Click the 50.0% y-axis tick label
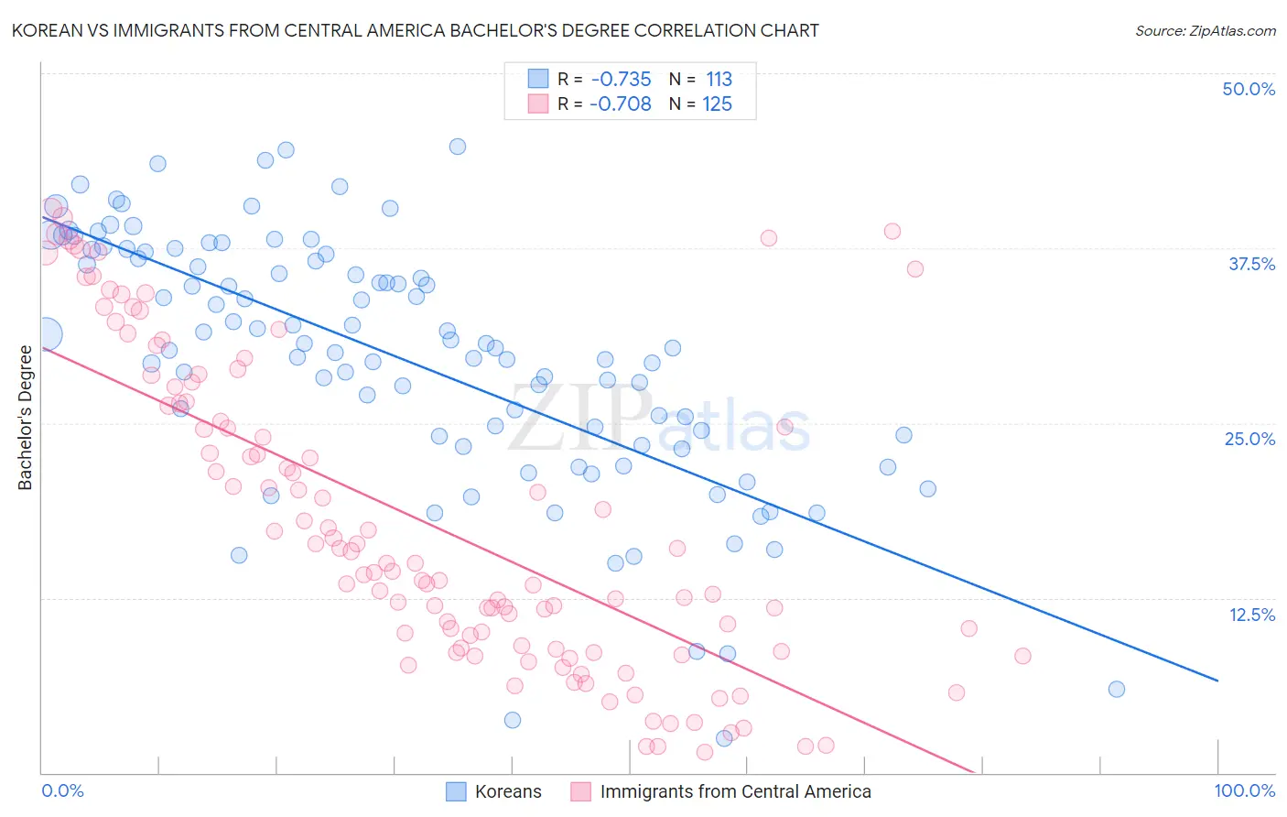1249,89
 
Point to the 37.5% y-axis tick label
1251,264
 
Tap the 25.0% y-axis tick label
1249,439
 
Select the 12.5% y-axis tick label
1251,615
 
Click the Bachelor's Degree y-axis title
26,418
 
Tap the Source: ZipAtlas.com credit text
1205,30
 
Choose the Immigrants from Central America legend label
735,791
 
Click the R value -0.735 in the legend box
621,80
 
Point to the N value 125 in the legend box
717,104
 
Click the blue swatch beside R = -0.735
537,79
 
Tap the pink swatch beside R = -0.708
537,104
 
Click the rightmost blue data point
1116,690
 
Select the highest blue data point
458,147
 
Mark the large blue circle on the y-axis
46,334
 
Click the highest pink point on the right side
892,231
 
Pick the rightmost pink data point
1022,656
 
